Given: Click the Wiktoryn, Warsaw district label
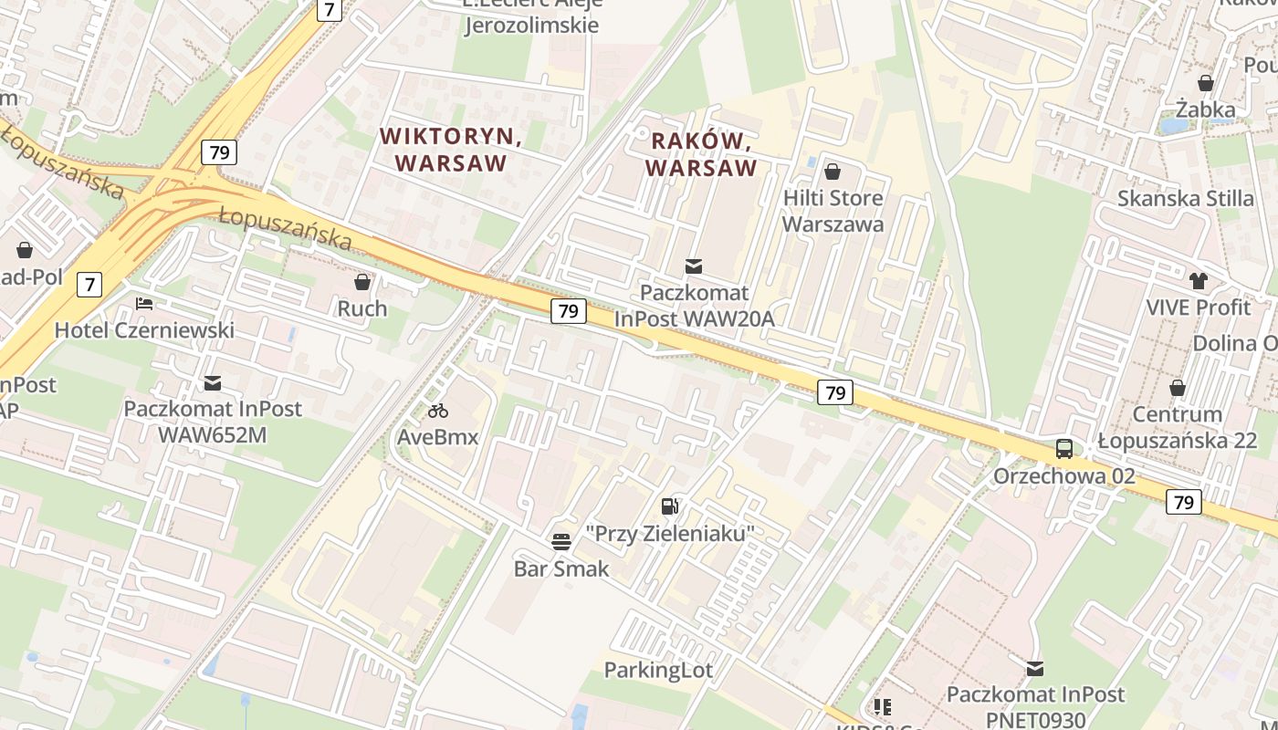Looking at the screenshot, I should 450,150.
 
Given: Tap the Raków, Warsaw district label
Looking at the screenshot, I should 701,154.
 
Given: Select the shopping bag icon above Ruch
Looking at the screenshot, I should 362,282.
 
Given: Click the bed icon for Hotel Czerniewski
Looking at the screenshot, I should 144,304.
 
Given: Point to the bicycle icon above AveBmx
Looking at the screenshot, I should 437,411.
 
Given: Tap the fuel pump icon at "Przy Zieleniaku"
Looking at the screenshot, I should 670,506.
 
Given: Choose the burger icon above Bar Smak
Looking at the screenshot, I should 561,542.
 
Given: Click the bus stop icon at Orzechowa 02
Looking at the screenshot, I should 1064,449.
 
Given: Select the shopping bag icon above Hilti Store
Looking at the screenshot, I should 833,172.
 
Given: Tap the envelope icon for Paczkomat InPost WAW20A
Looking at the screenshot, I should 694,266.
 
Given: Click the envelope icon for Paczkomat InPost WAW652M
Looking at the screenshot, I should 213,382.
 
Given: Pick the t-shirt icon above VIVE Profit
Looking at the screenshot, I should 1198,281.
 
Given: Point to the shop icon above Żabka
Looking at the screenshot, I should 1205,83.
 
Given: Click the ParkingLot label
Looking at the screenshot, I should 658,671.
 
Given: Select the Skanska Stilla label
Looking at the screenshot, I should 1186,198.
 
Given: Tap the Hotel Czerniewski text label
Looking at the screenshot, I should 144,330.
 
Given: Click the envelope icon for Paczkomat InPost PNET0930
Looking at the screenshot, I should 1034,669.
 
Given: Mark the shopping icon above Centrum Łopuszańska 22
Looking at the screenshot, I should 1178,388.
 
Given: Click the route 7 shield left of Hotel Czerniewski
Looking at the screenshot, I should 89,285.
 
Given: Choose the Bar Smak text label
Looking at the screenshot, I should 561,569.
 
